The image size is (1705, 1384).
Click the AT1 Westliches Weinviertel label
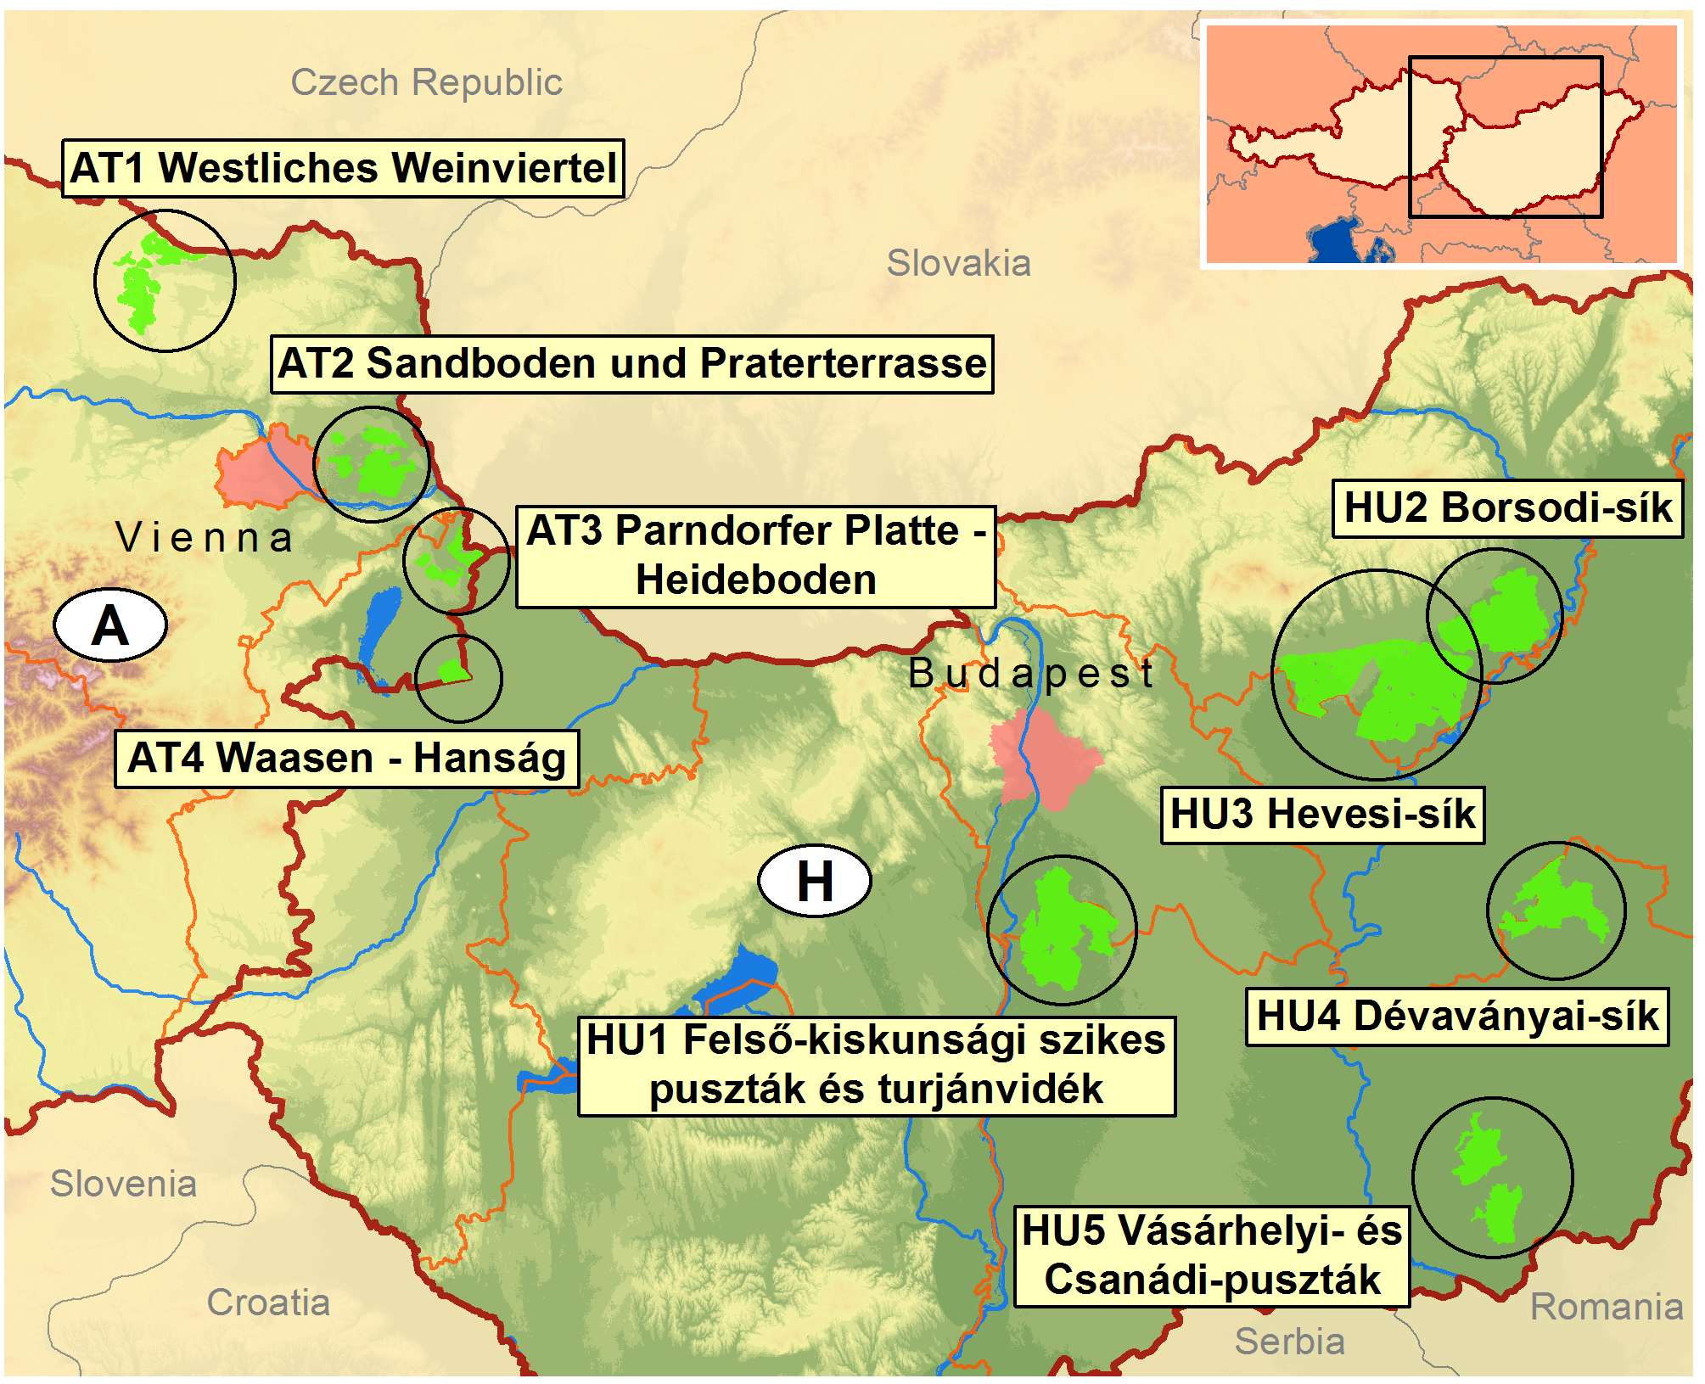pyautogui.click(x=343, y=168)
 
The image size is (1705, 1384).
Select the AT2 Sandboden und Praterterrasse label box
pyautogui.click(x=631, y=363)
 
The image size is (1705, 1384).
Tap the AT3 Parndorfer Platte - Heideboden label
pyautogui.click(x=755, y=556)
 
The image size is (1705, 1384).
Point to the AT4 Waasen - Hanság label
pyautogui.click(x=346, y=758)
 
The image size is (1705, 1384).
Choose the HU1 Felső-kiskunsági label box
pyautogui.click(x=876, y=1065)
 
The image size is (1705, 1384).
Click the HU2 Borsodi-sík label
pyautogui.click(x=1507, y=508)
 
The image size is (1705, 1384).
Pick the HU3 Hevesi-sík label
pyautogui.click(x=1322, y=815)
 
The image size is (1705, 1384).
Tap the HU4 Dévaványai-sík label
pyautogui.click(x=1456, y=1016)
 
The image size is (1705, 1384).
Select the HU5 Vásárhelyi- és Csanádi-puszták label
pyautogui.click(x=1211, y=1256)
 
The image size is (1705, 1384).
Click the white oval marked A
pyautogui.click(x=110, y=625)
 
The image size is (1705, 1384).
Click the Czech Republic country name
pyautogui.click(x=426, y=82)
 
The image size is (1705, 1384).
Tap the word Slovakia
pyautogui.click(x=958, y=263)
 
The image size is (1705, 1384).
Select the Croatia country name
pyautogui.click(x=268, y=1303)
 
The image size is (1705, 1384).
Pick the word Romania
pyautogui.click(x=1606, y=1307)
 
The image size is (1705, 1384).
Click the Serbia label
pyautogui.click(x=1289, y=1342)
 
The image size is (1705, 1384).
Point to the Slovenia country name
pyautogui.click(x=124, y=1184)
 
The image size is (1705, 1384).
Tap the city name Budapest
pyautogui.click(x=1030, y=674)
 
